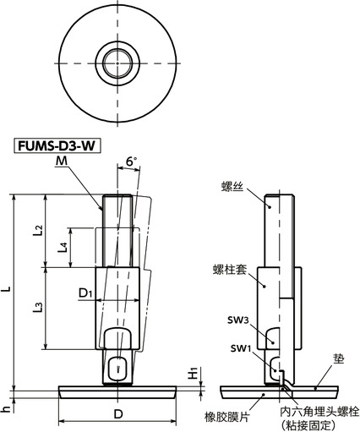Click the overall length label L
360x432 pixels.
pos(8,290)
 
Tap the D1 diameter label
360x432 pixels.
pos(85,293)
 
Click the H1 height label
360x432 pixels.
pos(193,372)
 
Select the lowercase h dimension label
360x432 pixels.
pos(7,409)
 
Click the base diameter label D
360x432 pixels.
pos(117,414)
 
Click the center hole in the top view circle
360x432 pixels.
pos(112,59)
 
